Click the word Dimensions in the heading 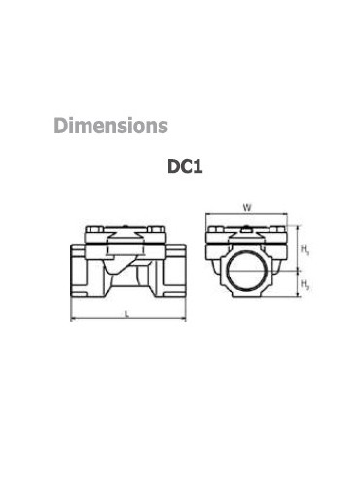click(111, 126)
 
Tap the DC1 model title click(185, 166)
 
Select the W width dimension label click(247, 207)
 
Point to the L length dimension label click(127, 314)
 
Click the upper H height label click(306, 249)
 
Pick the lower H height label click(306, 284)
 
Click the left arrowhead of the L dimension click(73, 319)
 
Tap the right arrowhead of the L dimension click(184, 319)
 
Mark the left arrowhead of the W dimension click(208, 214)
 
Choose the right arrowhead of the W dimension click(285, 214)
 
